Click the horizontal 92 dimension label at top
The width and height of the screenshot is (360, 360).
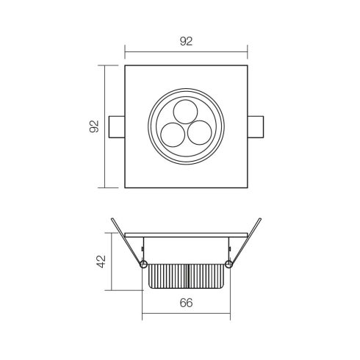coord(186,41)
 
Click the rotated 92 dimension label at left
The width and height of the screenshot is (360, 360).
coord(94,126)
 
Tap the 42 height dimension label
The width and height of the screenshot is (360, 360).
coord(101,262)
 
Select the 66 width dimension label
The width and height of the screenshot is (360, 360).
coord(186,303)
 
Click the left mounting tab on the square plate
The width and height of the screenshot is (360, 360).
coord(117,127)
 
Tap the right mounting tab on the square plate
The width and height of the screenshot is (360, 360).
coord(256,127)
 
